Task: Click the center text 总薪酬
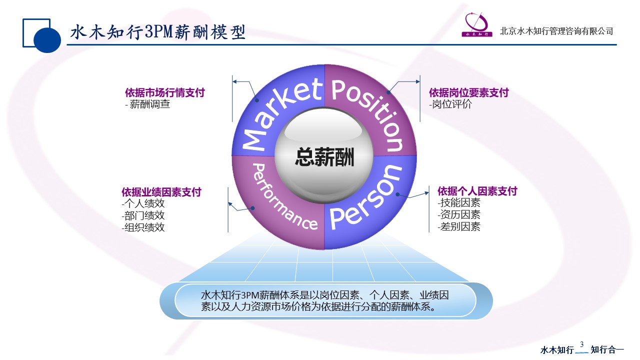(x=324, y=157)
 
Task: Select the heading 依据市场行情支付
(x=165, y=92)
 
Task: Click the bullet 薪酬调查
(x=149, y=104)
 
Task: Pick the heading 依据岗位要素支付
(x=469, y=92)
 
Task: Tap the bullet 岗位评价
(x=451, y=104)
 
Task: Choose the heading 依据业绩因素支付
(x=161, y=192)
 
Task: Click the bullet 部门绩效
(x=144, y=215)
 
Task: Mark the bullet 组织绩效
(x=144, y=227)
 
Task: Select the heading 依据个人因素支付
(x=477, y=191)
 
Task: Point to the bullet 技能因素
(x=460, y=203)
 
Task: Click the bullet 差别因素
(x=460, y=226)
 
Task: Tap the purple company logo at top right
(x=477, y=24)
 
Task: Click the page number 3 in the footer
(x=581, y=344)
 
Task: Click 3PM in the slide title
(x=158, y=31)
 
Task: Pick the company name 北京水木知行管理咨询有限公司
(x=556, y=31)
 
